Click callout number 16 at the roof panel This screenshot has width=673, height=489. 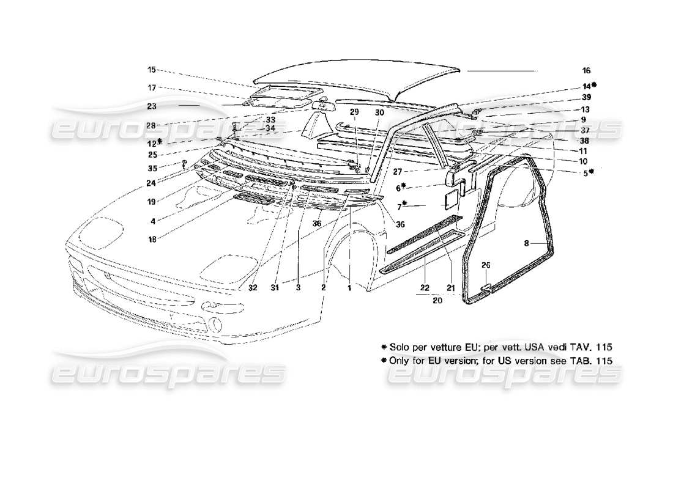pyautogui.click(x=586, y=71)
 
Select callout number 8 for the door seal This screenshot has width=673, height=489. pyautogui.click(x=527, y=243)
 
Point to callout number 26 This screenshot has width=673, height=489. pyautogui.click(x=486, y=265)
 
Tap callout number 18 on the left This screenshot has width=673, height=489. pyautogui.click(x=151, y=239)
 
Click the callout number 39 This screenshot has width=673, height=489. pyautogui.click(x=586, y=98)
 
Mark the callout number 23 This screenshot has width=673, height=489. pyautogui.click(x=151, y=105)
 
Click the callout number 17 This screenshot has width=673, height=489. pyautogui.click(x=151, y=87)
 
